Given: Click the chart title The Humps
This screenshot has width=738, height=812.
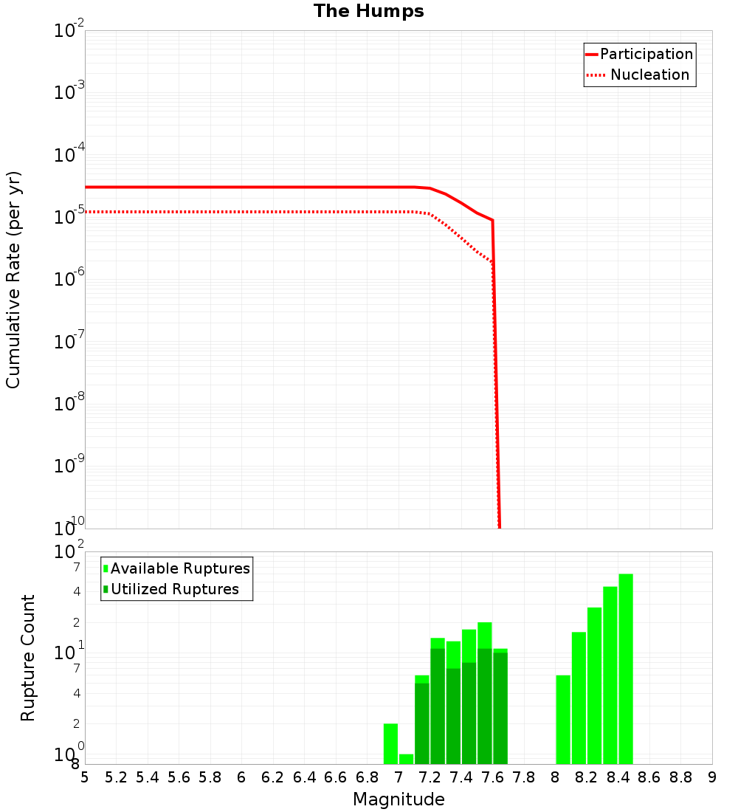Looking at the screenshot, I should [368, 11].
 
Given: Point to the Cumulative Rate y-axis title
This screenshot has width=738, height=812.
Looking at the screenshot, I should [13, 280].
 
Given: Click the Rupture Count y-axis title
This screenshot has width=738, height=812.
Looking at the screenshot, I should [28, 658].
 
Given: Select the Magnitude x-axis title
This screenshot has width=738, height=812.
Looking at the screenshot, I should [399, 799].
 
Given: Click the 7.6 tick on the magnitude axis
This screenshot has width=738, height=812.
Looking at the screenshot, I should [492, 777].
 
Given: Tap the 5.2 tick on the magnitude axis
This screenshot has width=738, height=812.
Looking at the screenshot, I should [116, 777].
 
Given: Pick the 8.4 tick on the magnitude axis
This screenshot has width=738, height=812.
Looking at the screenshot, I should [618, 777].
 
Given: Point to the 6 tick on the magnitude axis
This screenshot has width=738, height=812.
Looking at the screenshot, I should [241, 777].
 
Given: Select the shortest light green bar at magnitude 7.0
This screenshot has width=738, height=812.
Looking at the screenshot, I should [406, 759].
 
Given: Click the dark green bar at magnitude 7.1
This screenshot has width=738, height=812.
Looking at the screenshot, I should [422, 723].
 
